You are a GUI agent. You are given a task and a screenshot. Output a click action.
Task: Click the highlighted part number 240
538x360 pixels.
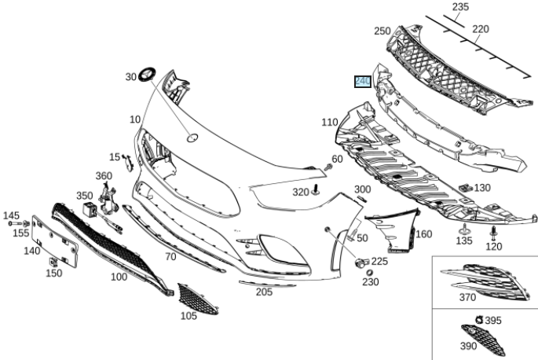coord(362,81)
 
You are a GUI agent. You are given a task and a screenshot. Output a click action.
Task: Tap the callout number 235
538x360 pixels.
coord(460,7)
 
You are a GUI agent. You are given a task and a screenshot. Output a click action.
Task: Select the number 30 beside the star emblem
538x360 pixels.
coord(130,77)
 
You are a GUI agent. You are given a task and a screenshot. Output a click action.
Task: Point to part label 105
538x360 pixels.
coord(188,316)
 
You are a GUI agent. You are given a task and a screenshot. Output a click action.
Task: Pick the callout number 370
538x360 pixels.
coord(467,297)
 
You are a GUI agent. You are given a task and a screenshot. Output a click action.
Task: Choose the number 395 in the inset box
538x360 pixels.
coord(493,321)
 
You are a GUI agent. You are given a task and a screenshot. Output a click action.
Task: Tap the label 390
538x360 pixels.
coord(467,346)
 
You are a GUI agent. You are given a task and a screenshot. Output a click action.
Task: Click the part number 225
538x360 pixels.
coord(379,262)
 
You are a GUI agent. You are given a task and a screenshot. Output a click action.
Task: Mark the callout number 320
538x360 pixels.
coord(302,193)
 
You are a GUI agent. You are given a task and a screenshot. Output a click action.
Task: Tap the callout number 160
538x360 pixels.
coord(423,234)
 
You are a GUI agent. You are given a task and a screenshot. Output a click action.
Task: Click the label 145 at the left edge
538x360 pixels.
coord(11,215)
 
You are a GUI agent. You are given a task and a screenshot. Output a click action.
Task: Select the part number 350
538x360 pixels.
coord(84,196)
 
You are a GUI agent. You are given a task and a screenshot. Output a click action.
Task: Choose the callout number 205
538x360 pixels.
coord(264,292)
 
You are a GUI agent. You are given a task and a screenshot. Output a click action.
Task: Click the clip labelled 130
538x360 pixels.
coord(466,189)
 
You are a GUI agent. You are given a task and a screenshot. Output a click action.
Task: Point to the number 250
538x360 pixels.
coord(382,31)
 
